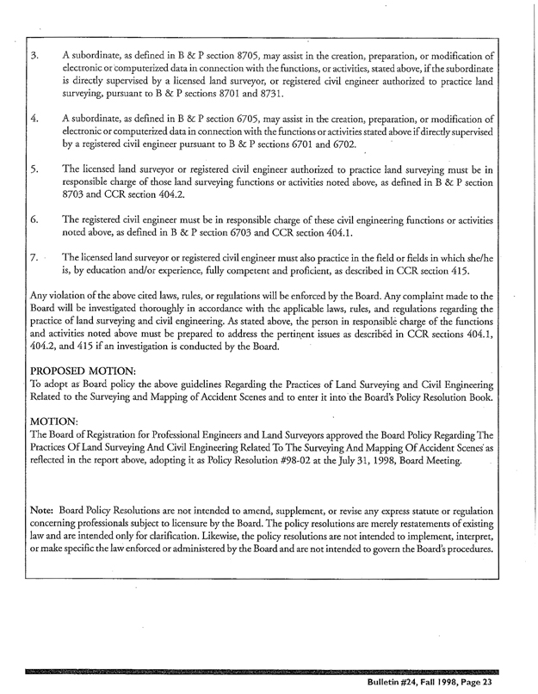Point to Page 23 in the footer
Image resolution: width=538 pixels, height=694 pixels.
pyautogui.click(x=489, y=682)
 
